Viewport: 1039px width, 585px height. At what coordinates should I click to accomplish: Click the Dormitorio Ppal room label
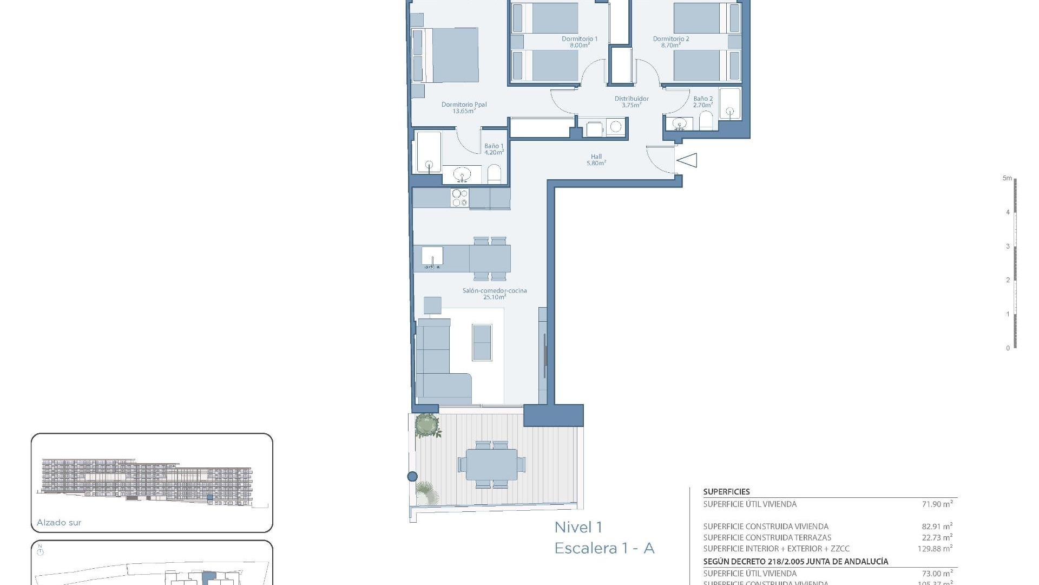[464, 107]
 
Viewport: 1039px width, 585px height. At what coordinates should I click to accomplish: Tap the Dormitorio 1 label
[579, 42]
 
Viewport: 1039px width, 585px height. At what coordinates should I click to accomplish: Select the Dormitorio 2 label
[670, 42]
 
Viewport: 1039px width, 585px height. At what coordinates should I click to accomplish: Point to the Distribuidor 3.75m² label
[631, 101]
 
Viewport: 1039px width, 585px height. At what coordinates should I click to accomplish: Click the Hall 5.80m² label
[596, 160]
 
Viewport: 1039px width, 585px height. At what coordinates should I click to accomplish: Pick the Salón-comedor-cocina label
[494, 294]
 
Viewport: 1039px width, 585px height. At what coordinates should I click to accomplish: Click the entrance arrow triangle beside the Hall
[687, 160]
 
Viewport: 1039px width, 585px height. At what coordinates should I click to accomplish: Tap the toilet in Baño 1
[494, 174]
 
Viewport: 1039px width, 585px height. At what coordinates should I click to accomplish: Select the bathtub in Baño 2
[729, 103]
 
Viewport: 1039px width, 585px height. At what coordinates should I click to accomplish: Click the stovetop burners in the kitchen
[459, 198]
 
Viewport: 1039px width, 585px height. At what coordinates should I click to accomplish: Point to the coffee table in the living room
[482, 342]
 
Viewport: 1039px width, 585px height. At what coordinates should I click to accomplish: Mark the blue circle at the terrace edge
[412, 477]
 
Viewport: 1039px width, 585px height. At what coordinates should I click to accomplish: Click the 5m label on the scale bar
[1007, 178]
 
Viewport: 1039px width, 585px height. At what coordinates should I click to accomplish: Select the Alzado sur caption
[59, 523]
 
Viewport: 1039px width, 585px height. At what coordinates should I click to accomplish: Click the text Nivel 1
[578, 527]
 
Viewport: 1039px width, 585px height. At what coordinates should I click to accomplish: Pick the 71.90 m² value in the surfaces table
[937, 504]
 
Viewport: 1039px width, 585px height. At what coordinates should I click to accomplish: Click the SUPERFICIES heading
[726, 492]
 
